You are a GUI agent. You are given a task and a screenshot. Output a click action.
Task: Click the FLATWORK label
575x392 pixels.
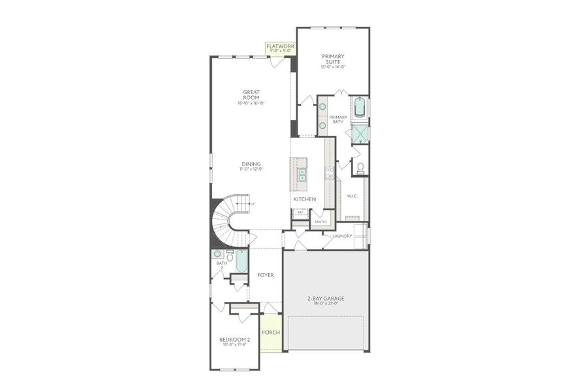tap(280, 47)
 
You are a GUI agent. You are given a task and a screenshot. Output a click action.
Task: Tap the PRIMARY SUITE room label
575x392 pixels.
tap(332, 59)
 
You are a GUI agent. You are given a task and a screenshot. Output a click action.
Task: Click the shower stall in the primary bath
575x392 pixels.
tap(360, 133)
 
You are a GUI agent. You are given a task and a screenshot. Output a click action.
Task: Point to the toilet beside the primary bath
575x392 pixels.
tap(360, 168)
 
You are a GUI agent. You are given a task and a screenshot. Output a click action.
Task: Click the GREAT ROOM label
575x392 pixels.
tap(251, 95)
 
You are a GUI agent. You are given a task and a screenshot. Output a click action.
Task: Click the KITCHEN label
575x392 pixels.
tap(304, 199)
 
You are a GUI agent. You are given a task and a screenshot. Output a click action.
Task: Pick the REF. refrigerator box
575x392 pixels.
tap(300, 212)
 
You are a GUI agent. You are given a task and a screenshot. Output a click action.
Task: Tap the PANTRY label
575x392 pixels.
tap(320, 221)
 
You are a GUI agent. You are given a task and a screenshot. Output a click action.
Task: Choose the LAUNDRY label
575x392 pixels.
tap(342, 236)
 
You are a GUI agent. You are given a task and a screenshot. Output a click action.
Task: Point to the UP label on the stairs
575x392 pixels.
tap(252, 204)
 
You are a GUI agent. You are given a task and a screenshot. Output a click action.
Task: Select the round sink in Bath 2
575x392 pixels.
tap(217, 253)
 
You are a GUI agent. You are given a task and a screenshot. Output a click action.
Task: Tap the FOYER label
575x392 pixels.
tap(265, 275)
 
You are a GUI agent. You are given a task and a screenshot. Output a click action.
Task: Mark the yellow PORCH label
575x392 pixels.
tap(271, 333)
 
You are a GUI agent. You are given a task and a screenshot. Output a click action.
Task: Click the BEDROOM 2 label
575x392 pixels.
tap(234, 340)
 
